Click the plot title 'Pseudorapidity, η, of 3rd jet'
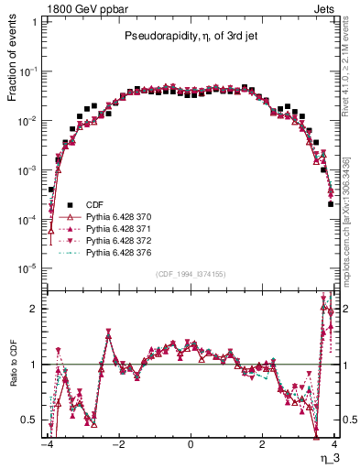(x=190, y=38)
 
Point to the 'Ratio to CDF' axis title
(x=11, y=377)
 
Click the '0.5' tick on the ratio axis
(x=31, y=420)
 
